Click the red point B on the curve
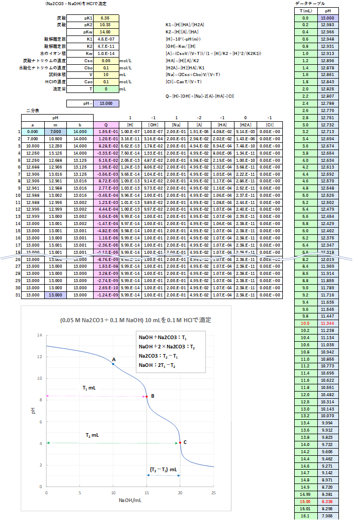pos(147,396)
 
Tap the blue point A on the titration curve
pos(113,364)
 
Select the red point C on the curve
pos(180,442)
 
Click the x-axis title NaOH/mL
pos(130,500)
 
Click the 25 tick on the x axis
pos(213,493)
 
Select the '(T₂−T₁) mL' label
pos(164,469)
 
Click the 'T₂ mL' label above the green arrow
pos(93,435)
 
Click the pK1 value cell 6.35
pos(105,18)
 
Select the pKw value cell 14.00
pos(105,32)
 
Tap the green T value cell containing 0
pos(105,89)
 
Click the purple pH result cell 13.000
pos(105,103)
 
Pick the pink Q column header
pos(106,125)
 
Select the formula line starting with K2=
pos(185,32)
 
